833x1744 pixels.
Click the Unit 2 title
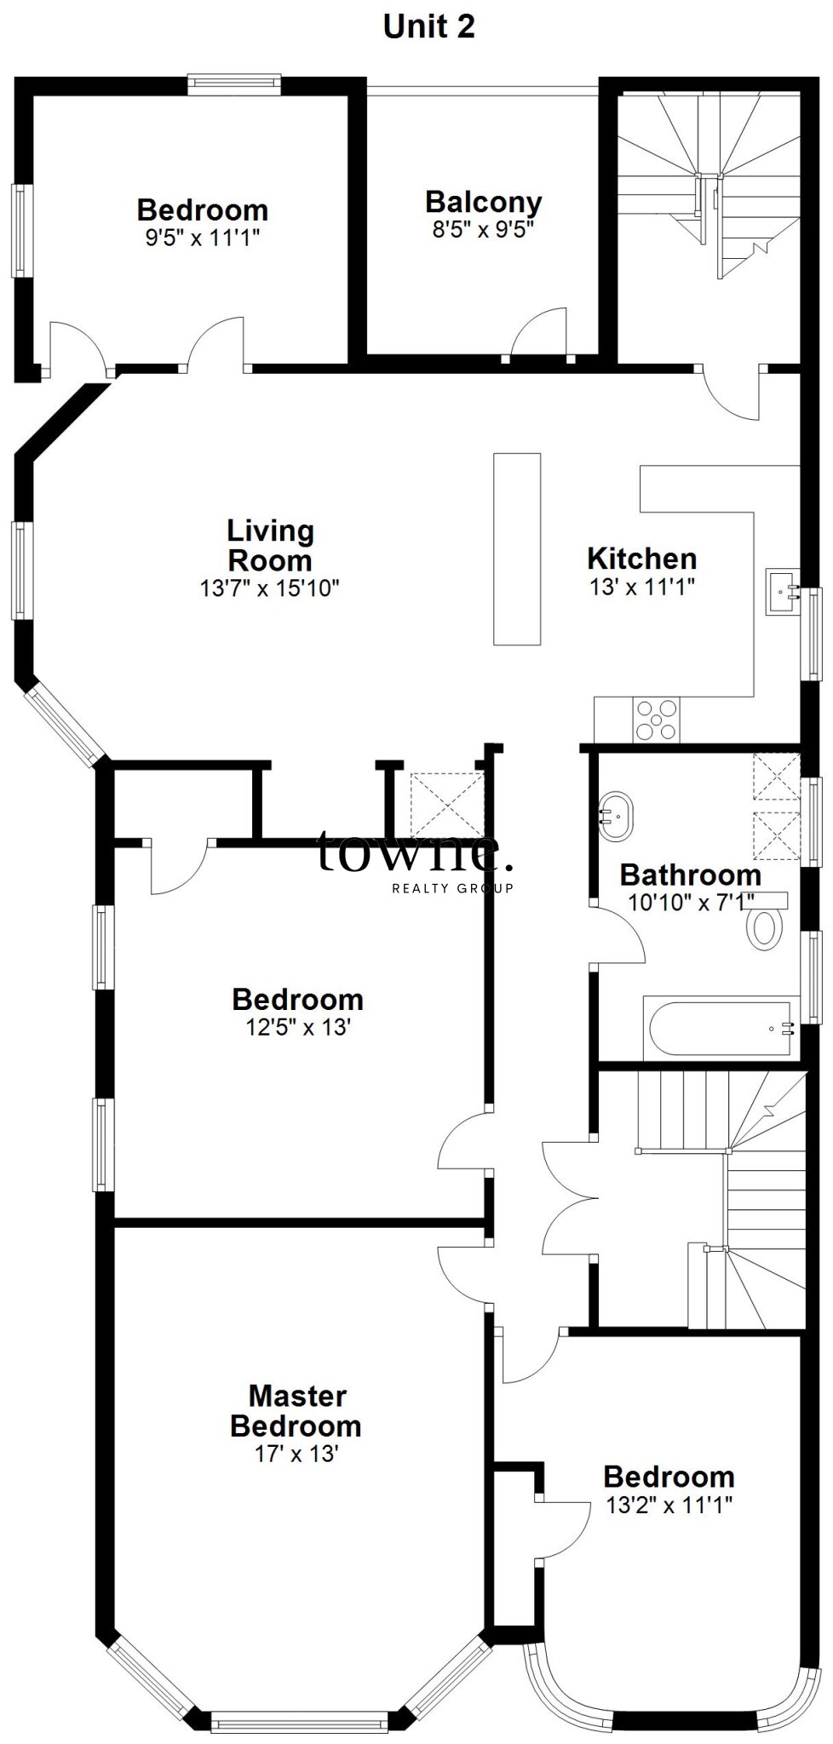click(428, 26)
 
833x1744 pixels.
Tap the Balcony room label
click(483, 203)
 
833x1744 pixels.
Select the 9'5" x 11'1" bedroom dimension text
click(202, 237)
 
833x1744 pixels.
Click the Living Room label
click(270, 546)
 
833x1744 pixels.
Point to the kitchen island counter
click(517, 548)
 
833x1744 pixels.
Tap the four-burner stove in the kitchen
click(656, 720)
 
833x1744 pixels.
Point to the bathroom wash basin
click(614, 817)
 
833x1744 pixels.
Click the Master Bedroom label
click(296, 1411)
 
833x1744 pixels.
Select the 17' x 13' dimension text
click(296, 1454)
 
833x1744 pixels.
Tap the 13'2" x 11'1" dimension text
click(669, 1506)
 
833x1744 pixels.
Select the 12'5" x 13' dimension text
click(298, 1027)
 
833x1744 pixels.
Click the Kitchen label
click(642, 559)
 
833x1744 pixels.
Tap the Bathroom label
click(690, 875)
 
